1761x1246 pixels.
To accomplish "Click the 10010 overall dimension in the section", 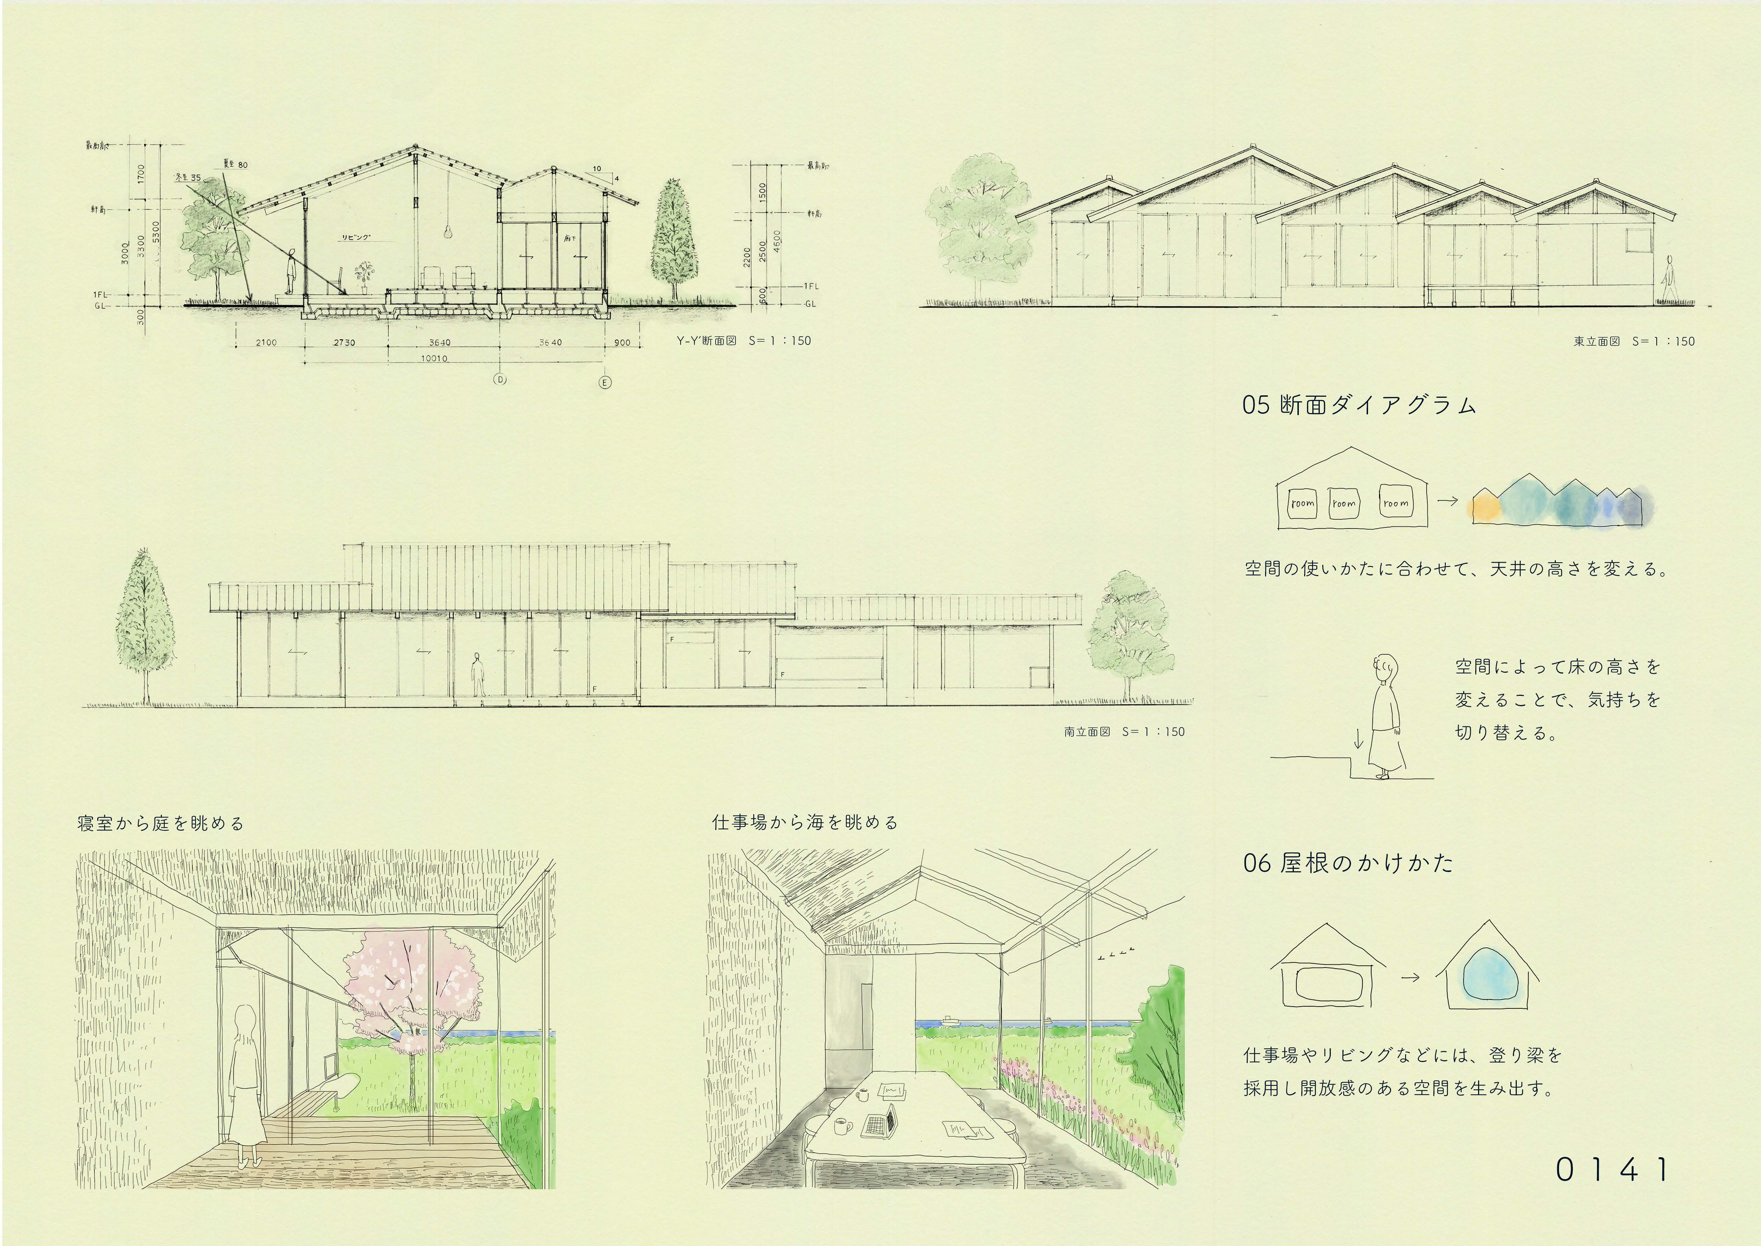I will [x=434, y=358].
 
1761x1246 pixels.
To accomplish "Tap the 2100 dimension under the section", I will [x=266, y=342].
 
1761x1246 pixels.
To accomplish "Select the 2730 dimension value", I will [x=344, y=342].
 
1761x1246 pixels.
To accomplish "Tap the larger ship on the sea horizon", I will [x=950, y=1020].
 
